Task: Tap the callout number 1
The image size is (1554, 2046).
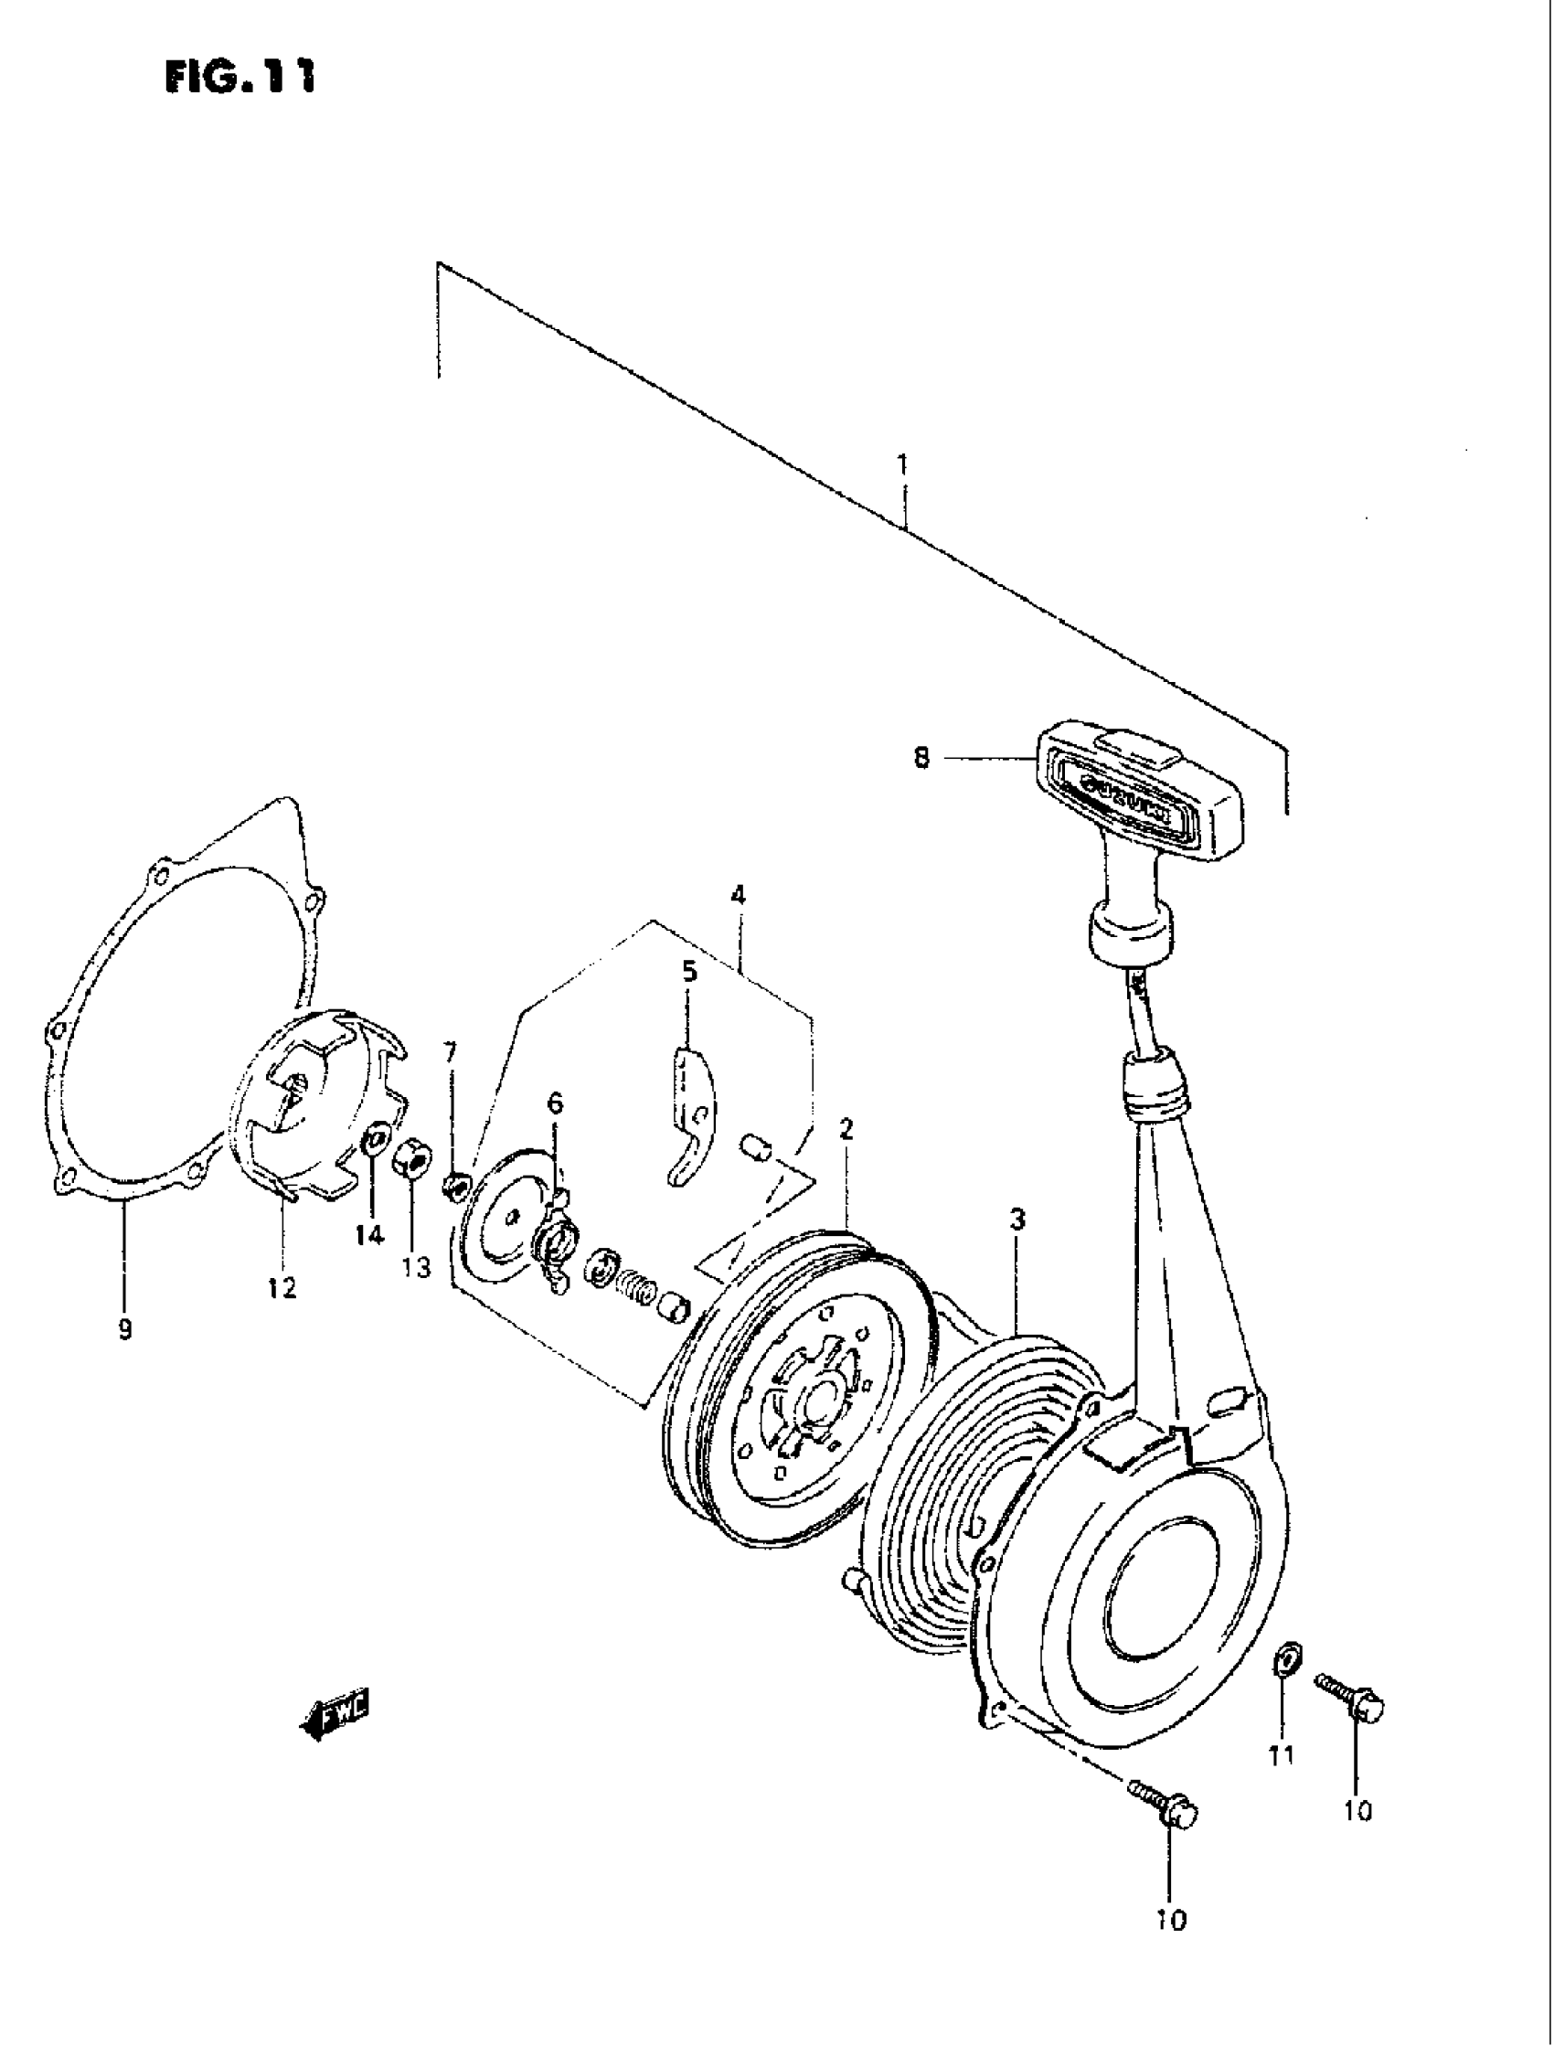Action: [x=902, y=464]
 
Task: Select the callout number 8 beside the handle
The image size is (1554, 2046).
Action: [x=921, y=759]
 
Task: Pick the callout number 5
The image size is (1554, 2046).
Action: [x=689, y=972]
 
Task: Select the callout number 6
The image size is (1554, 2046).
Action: [x=554, y=1103]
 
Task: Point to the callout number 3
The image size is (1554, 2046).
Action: [x=1017, y=1220]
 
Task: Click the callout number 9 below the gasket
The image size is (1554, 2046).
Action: [x=125, y=1329]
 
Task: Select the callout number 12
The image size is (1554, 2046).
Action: [x=282, y=1286]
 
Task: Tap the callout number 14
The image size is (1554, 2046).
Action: [x=369, y=1235]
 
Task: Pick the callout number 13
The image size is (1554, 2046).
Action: [x=416, y=1267]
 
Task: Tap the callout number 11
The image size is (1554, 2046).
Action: [x=1282, y=1753]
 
